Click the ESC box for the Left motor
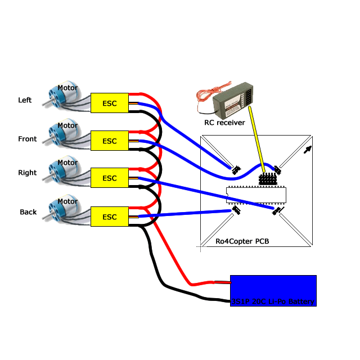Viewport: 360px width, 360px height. click(110, 103)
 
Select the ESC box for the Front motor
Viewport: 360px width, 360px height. click(110, 141)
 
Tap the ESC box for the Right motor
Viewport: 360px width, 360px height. click(110, 178)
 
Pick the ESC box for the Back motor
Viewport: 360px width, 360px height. click(110, 217)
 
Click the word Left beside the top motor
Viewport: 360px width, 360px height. click(25, 100)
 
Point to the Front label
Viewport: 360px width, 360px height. click(27, 139)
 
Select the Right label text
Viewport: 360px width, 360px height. click(27, 173)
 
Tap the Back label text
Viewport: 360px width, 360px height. click(28, 212)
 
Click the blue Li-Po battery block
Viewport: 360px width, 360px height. click(273, 290)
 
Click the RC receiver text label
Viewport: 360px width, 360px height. click(224, 122)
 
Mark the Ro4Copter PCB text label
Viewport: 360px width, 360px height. click(242, 241)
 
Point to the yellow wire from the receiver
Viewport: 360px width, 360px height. click(256, 141)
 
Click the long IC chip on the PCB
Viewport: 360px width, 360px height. click(256, 195)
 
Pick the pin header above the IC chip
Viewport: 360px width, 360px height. click(268, 178)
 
